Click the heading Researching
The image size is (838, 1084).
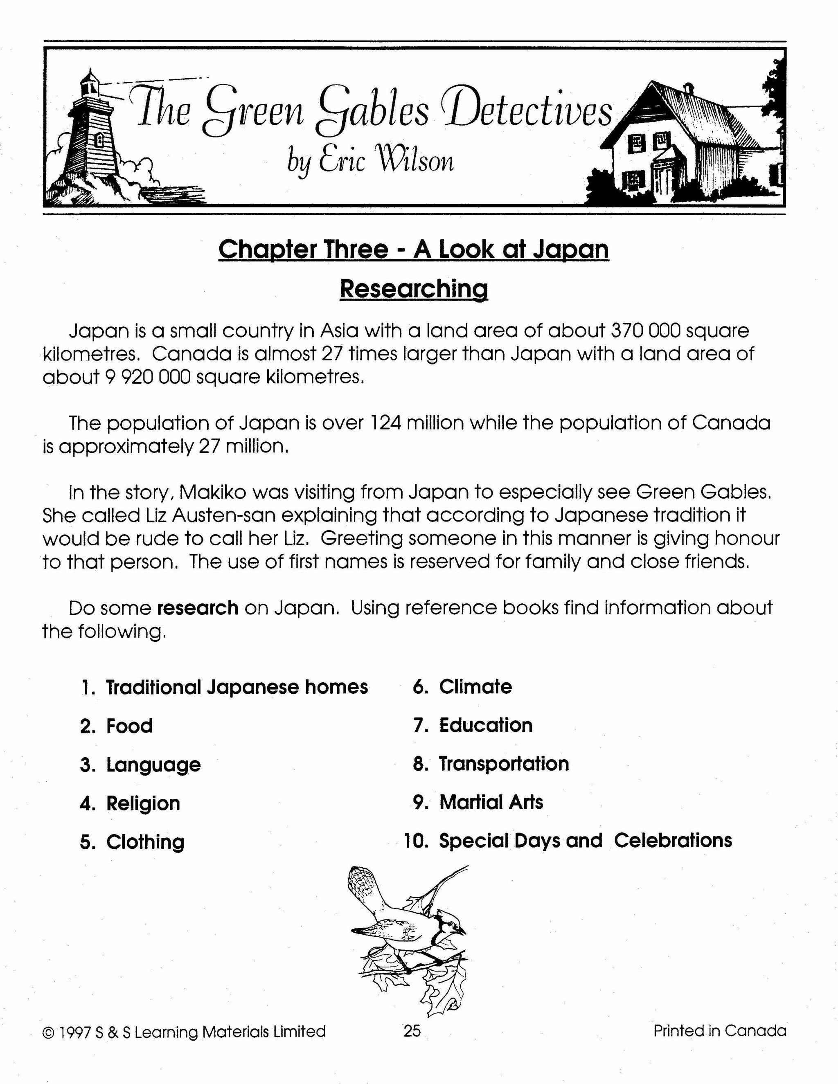pyautogui.click(x=414, y=289)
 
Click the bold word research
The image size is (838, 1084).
pyautogui.click(x=198, y=608)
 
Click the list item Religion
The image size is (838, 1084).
pyautogui.click(x=143, y=803)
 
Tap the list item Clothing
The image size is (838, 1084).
pyautogui.click(x=145, y=842)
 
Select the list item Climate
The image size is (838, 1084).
pyautogui.click(x=475, y=687)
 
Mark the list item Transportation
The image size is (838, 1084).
pyautogui.click(x=503, y=764)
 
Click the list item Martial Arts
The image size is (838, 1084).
pyautogui.click(x=491, y=802)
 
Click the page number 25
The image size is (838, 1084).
pyautogui.click(x=412, y=1031)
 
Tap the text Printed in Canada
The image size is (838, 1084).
pyautogui.click(x=719, y=1031)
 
